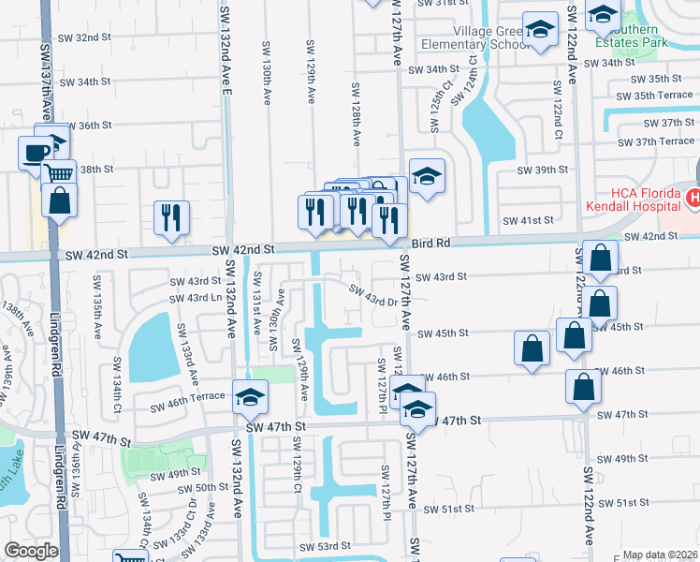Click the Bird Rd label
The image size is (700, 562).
(431, 242)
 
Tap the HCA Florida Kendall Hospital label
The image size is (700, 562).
(633, 198)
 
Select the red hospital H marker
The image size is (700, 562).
(693, 198)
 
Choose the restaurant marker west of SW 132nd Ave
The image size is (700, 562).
(172, 217)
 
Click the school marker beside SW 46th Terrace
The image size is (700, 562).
(250, 400)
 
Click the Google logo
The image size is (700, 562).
(31, 551)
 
